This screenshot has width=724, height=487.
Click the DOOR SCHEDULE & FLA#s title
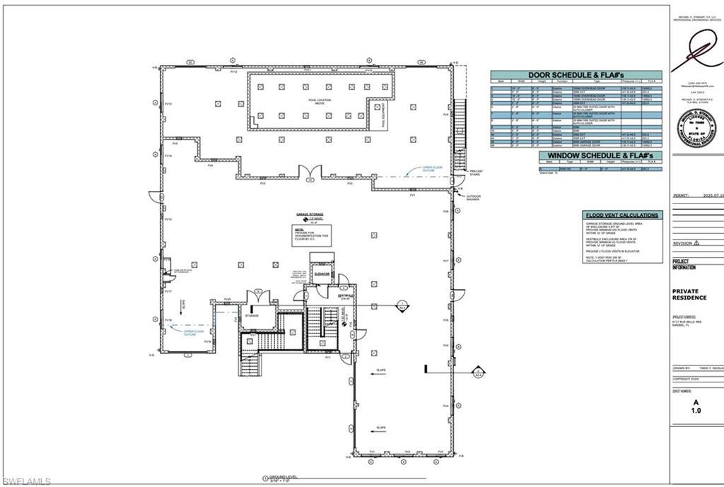576,75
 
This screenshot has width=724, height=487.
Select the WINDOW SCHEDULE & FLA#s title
600,156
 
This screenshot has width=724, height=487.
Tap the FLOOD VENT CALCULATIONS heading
623,215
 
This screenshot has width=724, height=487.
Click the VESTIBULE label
345,295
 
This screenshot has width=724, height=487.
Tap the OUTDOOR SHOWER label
472,197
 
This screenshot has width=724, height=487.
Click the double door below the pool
309,172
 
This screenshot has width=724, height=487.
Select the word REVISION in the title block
683,242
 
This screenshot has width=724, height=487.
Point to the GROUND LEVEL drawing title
281,478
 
